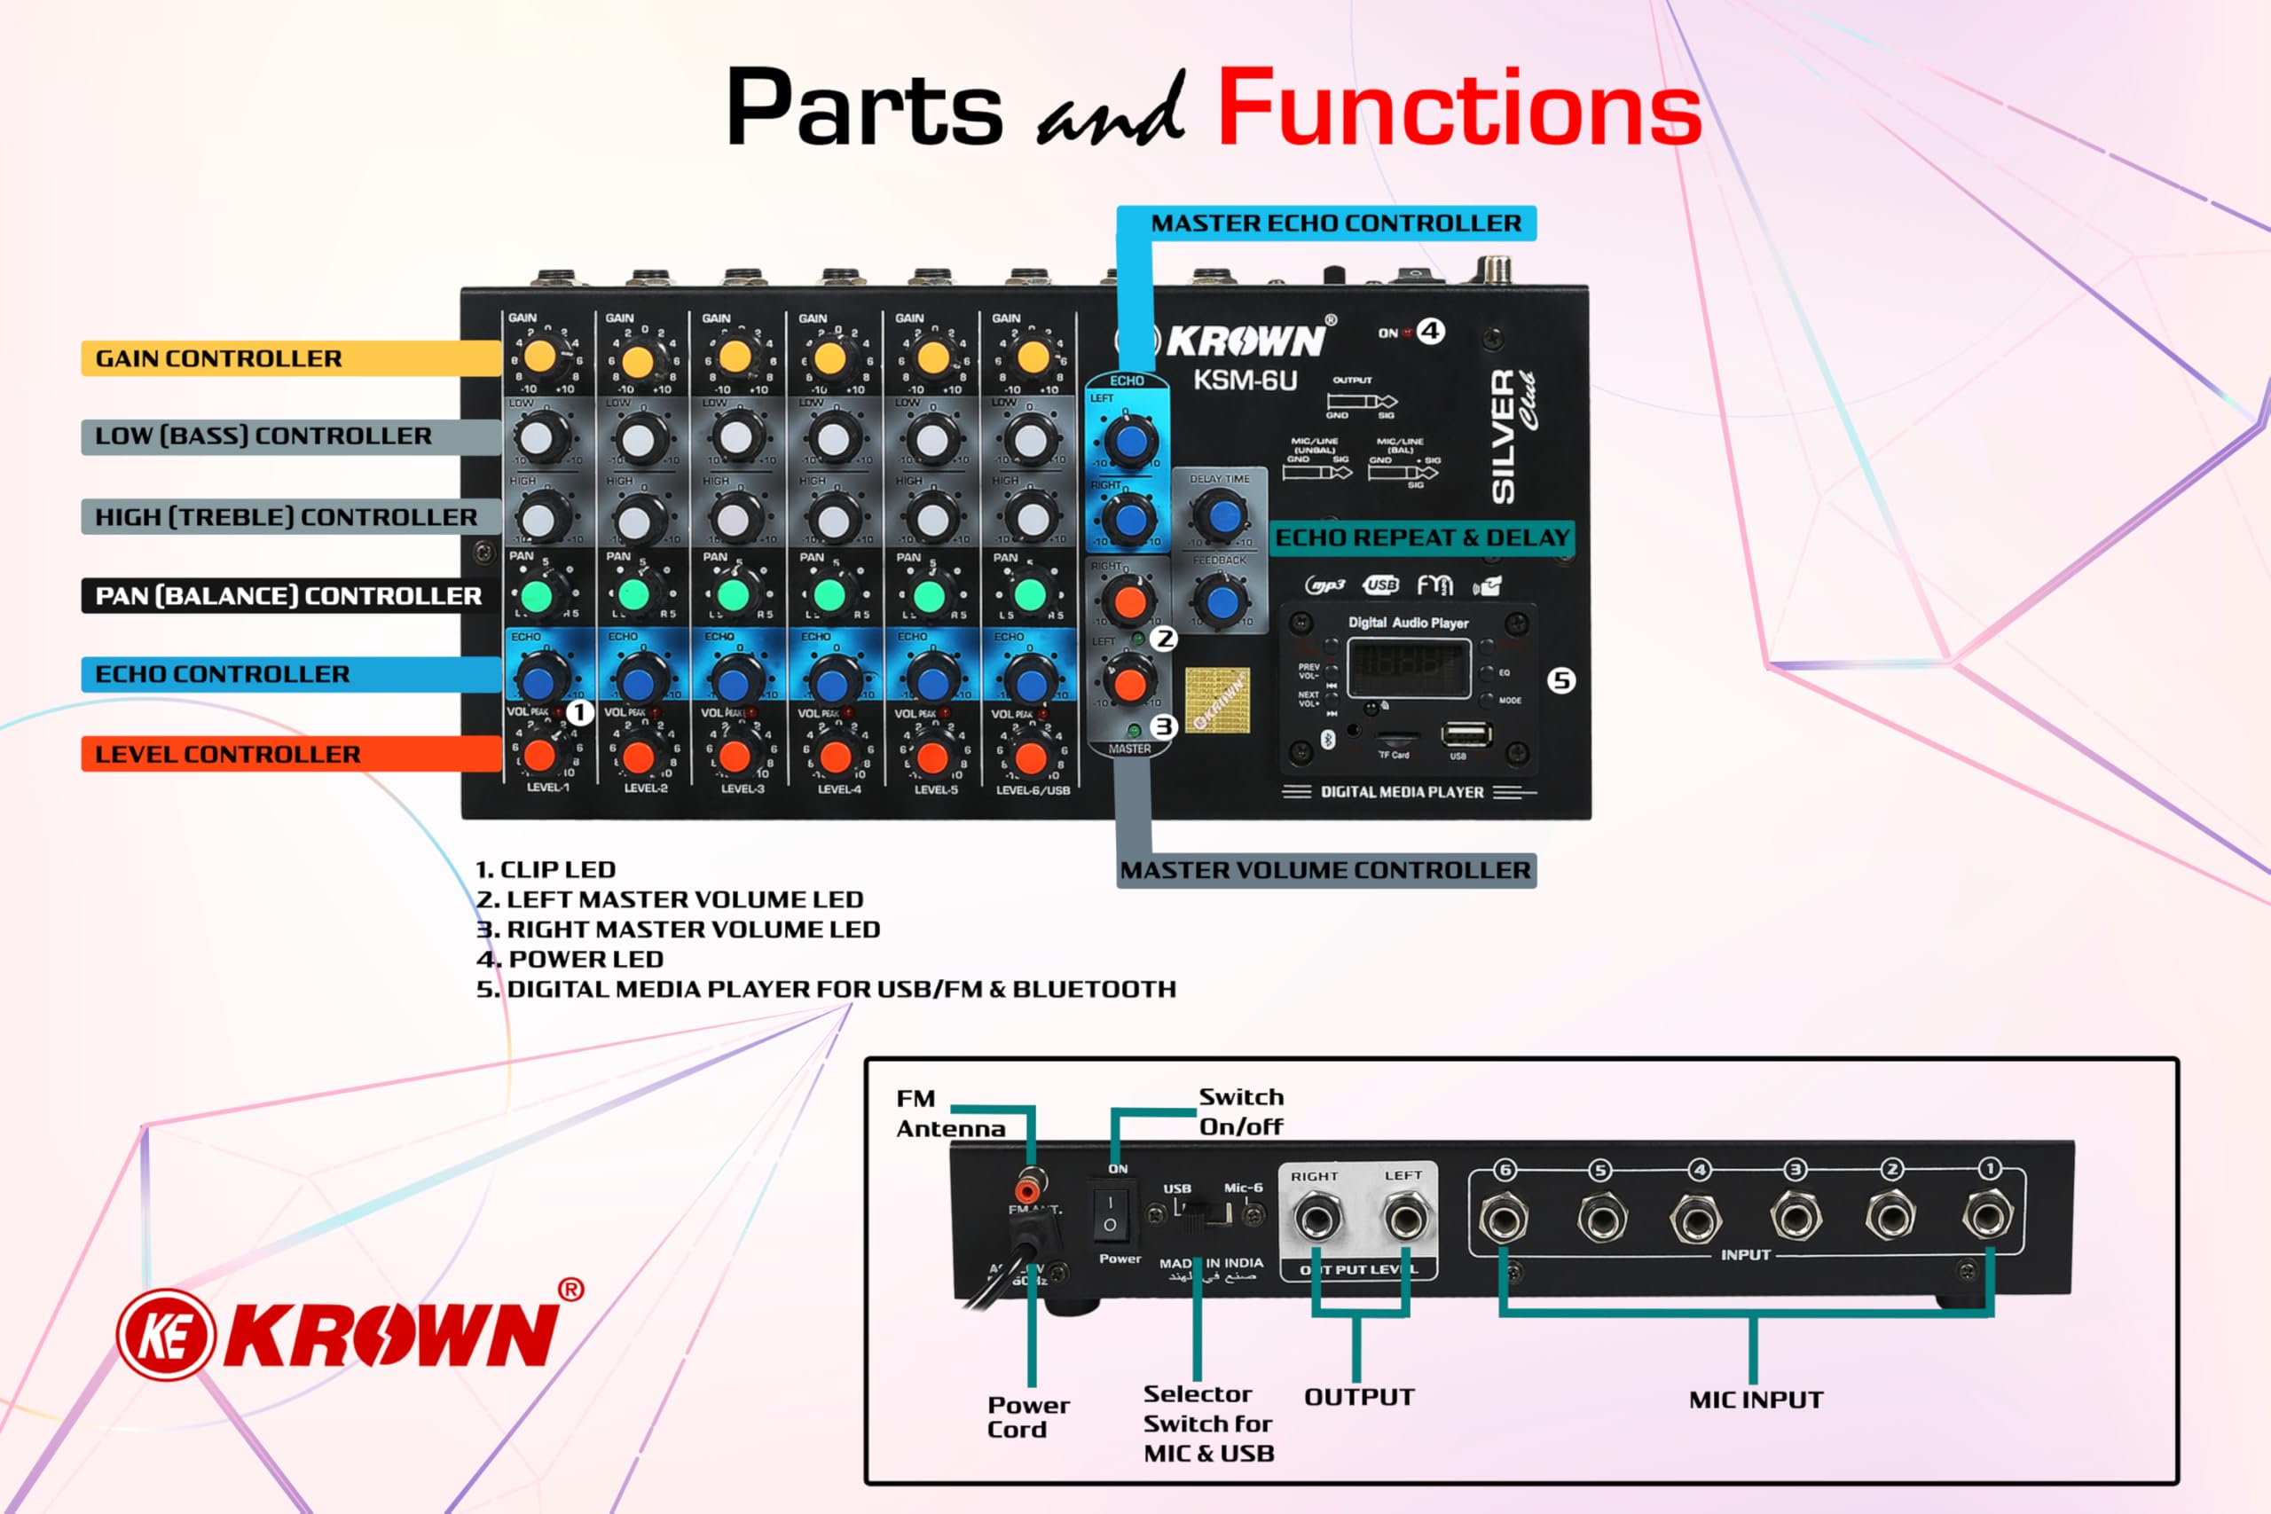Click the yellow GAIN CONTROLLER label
(x=219, y=358)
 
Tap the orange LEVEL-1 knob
(x=539, y=755)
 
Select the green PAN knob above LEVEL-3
(x=734, y=595)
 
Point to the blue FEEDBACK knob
(x=1222, y=600)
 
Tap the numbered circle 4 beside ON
(x=1430, y=331)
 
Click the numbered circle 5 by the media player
(x=1561, y=680)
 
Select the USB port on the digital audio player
(x=1466, y=734)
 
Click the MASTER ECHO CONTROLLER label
(x=1335, y=223)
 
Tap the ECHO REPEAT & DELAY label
(x=1422, y=537)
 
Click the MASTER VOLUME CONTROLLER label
(x=1324, y=870)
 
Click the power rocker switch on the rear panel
(x=1110, y=1213)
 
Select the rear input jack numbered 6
(x=1505, y=1219)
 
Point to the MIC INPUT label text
(x=1756, y=1400)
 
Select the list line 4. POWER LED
(x=570, y=959)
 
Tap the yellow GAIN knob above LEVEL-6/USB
(x=1033, y=357)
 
